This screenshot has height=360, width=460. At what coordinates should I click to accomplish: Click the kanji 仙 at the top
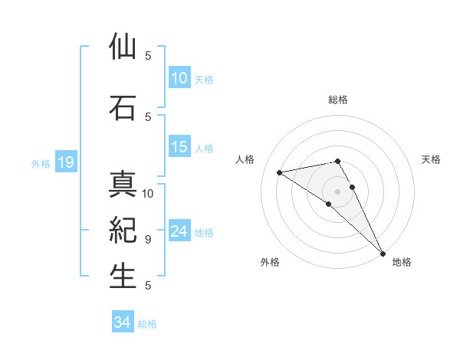pos(123,47)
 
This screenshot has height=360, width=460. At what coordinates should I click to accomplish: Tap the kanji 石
pos(123,108)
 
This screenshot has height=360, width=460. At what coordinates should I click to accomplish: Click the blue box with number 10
pos(179,78)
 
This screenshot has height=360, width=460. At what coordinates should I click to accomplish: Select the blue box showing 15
pos(179,147)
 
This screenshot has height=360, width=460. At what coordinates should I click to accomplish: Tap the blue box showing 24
pos(179,232)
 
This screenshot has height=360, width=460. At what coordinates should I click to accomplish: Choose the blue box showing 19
pos(65,162)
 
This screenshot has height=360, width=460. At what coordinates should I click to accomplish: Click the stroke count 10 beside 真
pos(148,193)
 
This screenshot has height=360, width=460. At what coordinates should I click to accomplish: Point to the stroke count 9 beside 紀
pos(147,239)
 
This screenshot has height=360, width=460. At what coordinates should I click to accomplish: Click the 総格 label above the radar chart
pos(338,100)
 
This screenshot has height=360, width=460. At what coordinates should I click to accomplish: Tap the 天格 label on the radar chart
pos(432,159)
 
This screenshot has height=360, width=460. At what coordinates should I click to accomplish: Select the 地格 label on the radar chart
pos(402,262)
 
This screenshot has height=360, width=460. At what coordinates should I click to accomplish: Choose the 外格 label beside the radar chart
pos(270,262)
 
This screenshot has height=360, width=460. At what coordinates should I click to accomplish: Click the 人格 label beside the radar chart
pos(245,159)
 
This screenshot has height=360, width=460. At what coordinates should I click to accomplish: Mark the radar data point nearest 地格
pos(383,253)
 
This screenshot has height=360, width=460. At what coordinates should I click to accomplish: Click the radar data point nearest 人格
pos(280,172)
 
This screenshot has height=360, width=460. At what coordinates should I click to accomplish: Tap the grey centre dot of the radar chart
pos(337,191)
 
